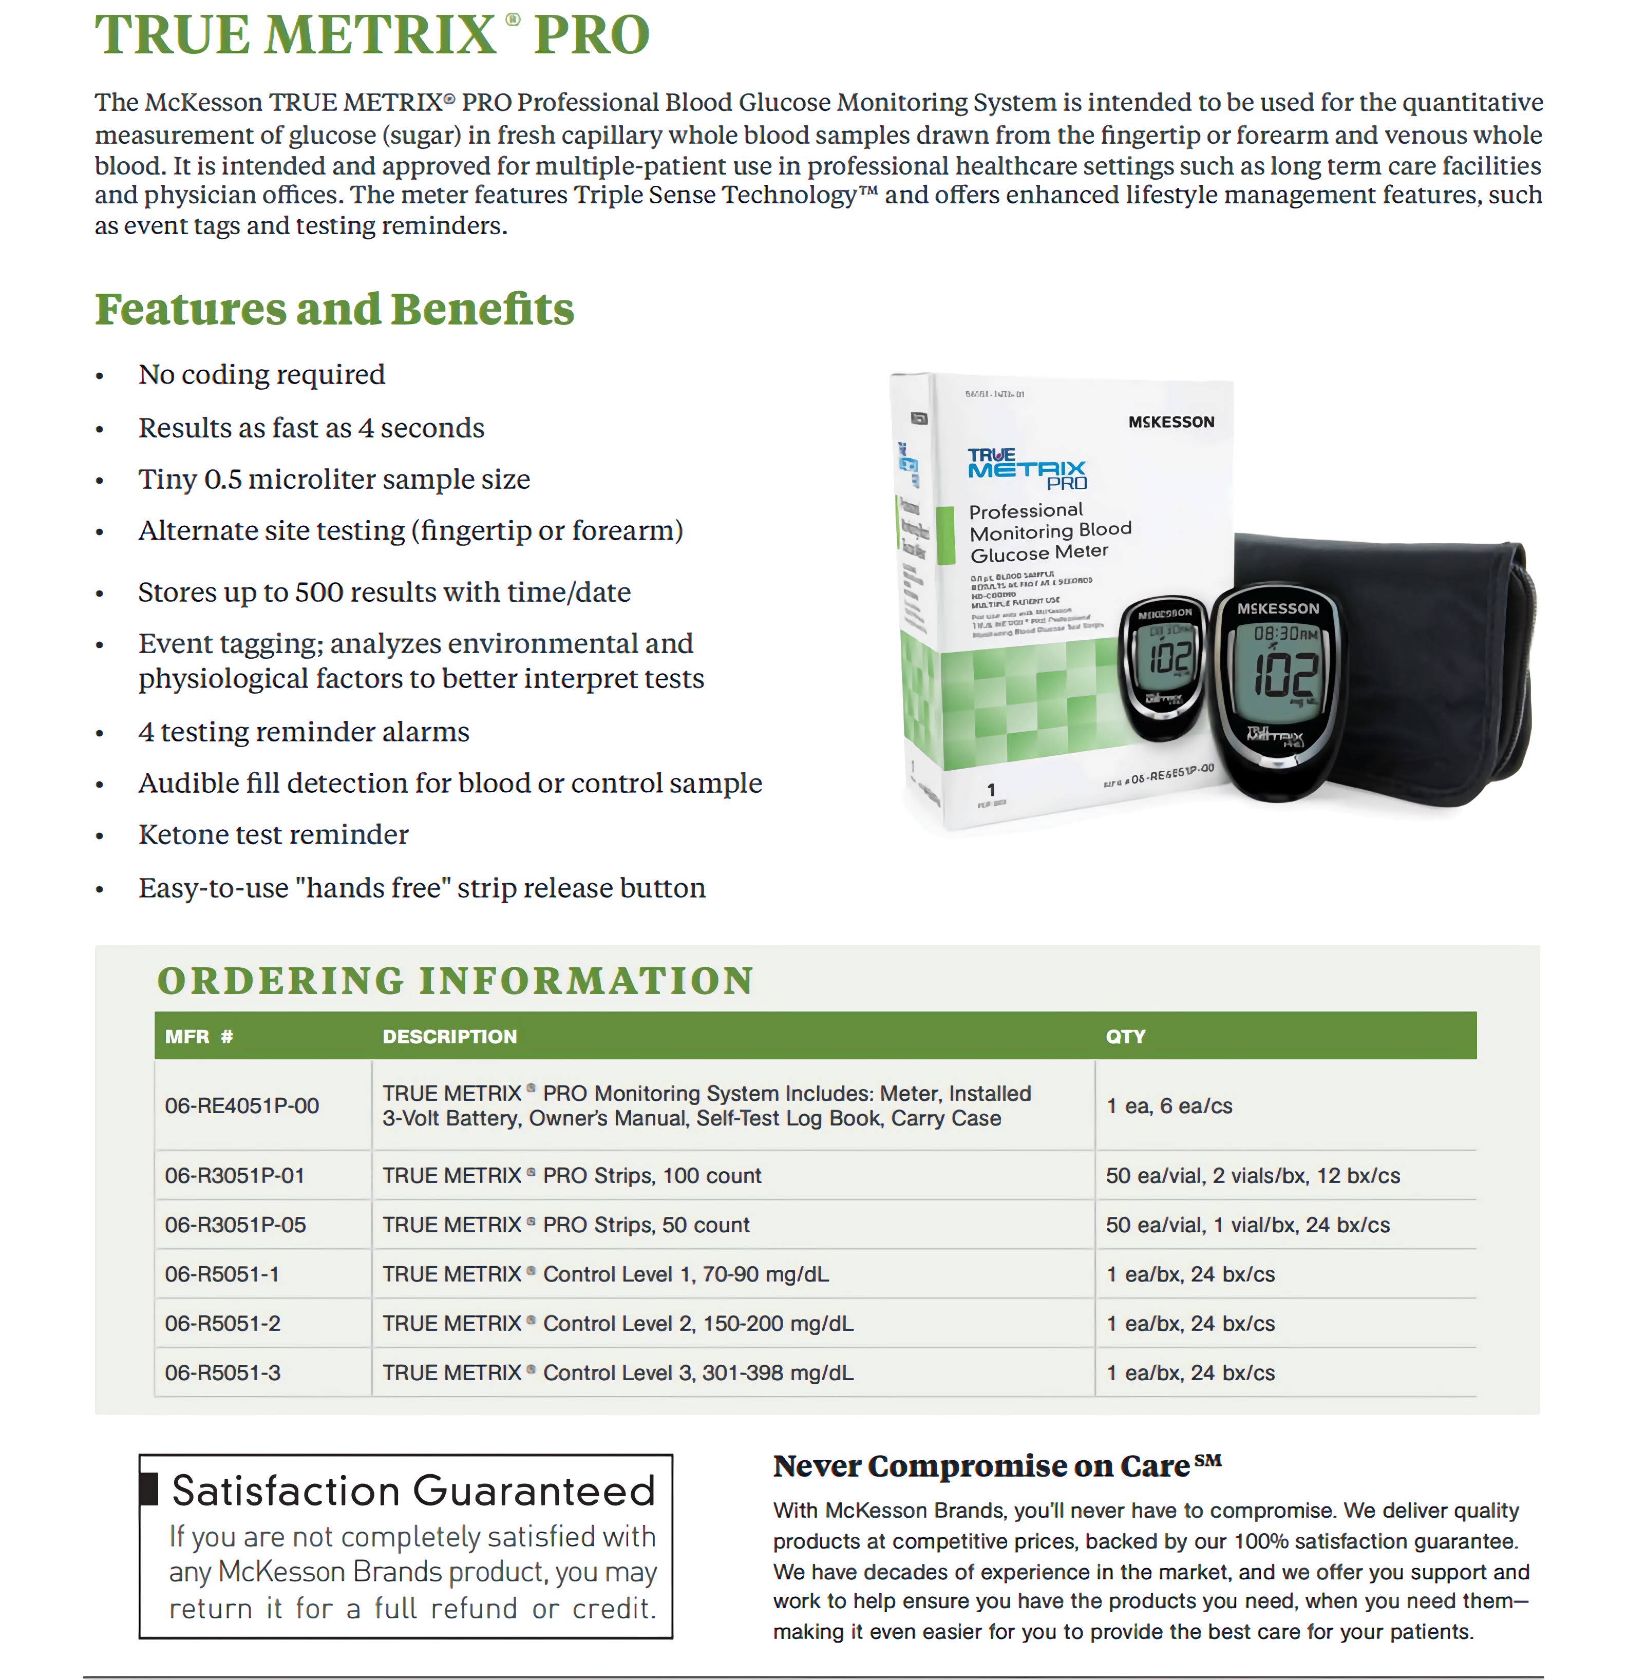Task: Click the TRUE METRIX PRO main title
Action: coord(372,36)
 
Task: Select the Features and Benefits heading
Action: coord(334,310)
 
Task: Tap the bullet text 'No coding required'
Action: coord(261,375)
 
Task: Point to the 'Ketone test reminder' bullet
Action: coord(273,835)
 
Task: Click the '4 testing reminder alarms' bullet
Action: coord(304,732)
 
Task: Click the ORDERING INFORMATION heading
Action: coord(455,981)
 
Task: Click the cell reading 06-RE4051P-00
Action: coord(242,1106)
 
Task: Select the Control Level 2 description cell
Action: coord(617,1324)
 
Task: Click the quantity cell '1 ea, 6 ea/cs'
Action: coord(1169,1106)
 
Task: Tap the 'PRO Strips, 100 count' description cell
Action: coord(572,1176)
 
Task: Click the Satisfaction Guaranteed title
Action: coord(413,1491)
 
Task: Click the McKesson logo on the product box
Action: coord(1171,422)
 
